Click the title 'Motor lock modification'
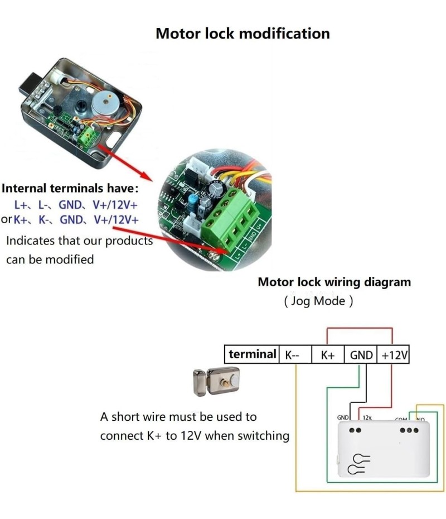(243, 33)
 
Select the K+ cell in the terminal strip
(328, 355)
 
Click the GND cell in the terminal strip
(361, 355)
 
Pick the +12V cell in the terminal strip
(395, 355)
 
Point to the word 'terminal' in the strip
(252, 354)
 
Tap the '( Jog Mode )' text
(318, 301)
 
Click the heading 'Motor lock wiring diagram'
(334, 282)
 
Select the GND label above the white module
(343, 417)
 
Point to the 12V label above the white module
(367, 417)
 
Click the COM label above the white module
(401, 419)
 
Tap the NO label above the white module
(420, 419)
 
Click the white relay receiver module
(384, 449)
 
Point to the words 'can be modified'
(50, 259)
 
